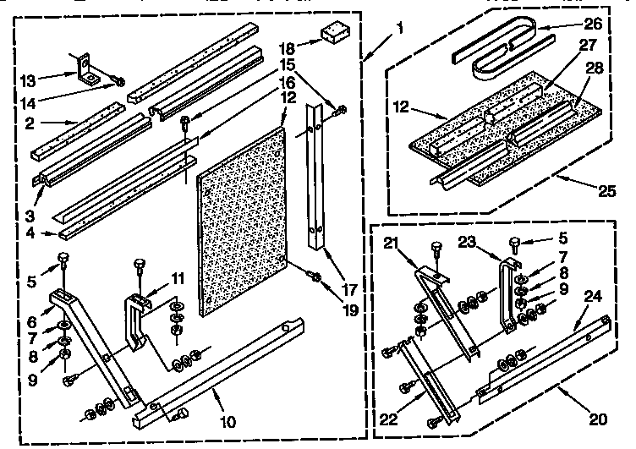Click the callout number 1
[x=400, y=28]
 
